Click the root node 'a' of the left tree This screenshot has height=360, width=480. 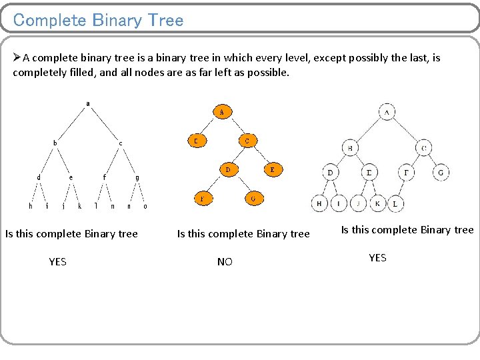(88, 103)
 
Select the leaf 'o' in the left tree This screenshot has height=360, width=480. (145, 206)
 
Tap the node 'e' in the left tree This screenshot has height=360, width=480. (71, 177)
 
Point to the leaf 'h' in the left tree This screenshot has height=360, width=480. (31, 206)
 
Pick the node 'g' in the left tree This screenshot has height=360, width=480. (137, 177)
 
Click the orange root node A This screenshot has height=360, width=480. (222, 112)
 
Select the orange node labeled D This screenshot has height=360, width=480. (228, 169)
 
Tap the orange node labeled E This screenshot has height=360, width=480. (272, 169)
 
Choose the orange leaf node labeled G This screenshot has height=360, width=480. (253, 198)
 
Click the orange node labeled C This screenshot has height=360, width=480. (247, 141)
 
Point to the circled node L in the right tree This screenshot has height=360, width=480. (395, 203)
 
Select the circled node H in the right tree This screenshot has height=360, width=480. (319, 203)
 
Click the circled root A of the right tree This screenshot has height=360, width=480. (387, 112)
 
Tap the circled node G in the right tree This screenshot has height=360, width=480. (440, 173)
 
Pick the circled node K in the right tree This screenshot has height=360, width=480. (377, 203)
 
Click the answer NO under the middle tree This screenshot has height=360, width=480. (225, 262)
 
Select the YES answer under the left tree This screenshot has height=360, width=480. (57, 262)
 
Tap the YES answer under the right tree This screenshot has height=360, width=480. (377, 258)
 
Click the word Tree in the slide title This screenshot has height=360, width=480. (166, 20)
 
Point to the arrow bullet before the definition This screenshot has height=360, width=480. (17, 58)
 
